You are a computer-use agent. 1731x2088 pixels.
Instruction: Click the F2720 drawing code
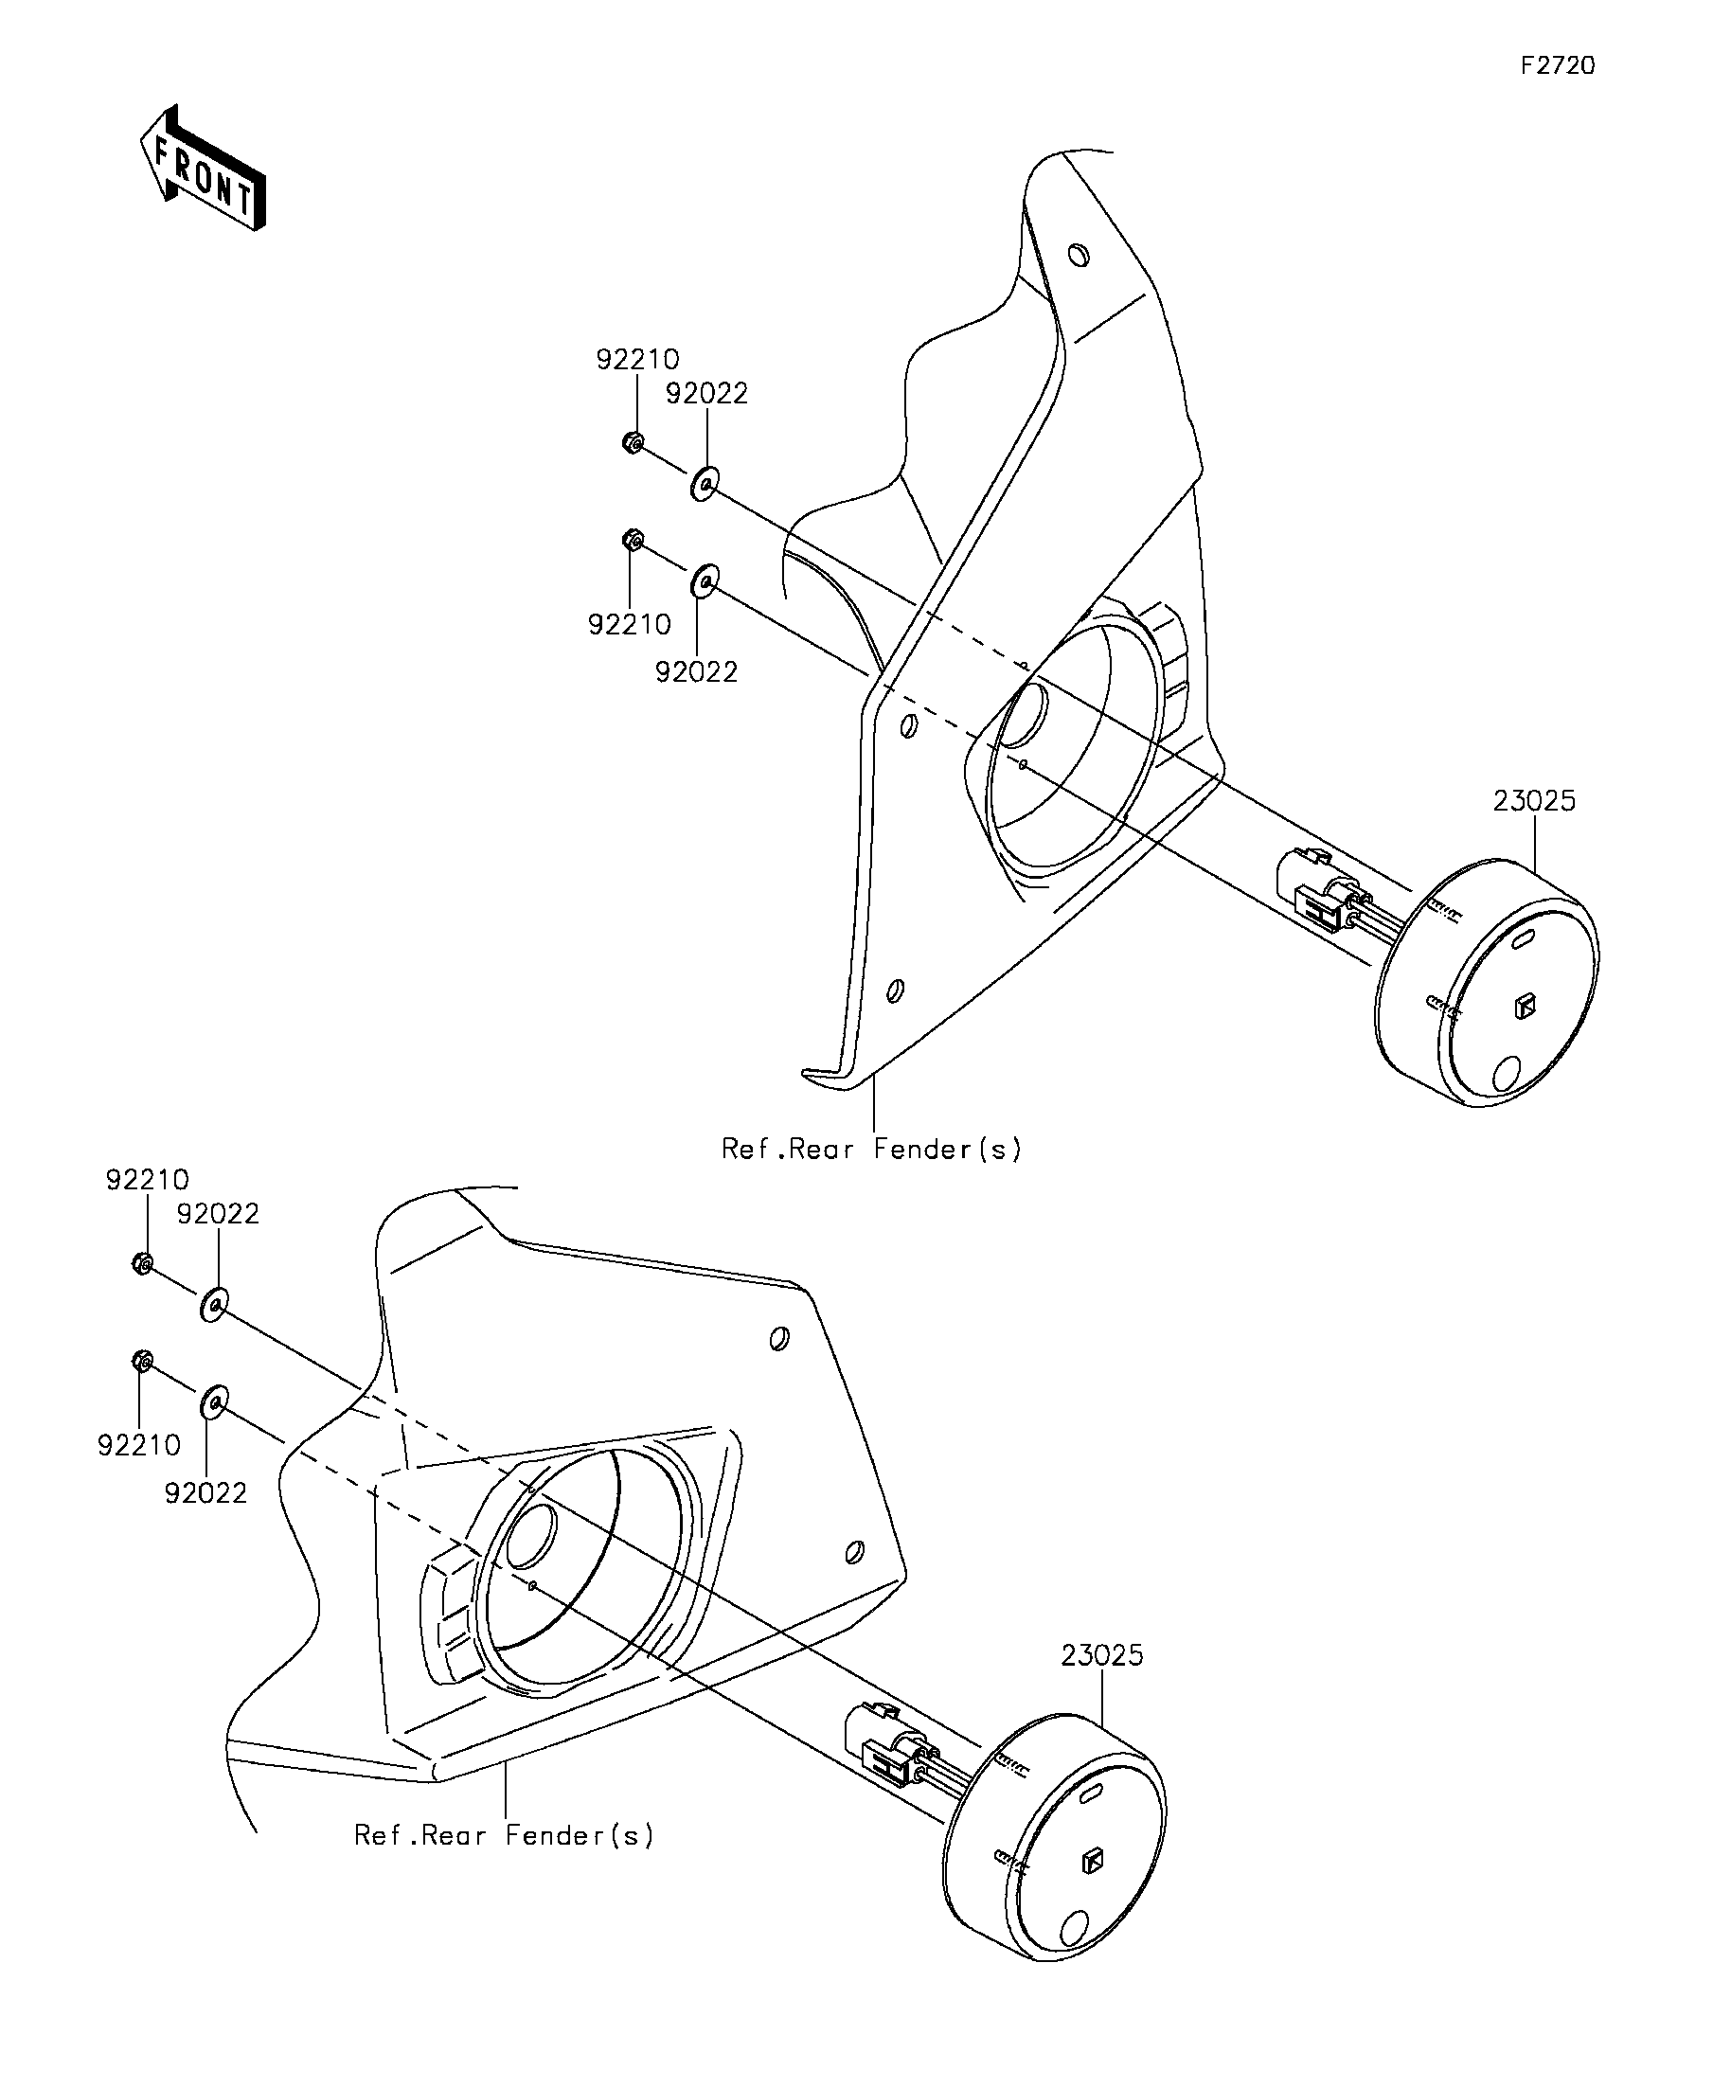1558,65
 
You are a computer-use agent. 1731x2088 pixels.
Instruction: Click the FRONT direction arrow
203,168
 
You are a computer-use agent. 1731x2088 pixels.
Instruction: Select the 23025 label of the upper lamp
1534,801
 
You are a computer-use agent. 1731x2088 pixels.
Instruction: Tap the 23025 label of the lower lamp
1101,1656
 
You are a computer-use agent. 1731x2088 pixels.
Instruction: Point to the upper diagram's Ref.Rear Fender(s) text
871,1151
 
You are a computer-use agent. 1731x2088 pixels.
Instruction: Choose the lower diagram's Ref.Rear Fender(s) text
504,1835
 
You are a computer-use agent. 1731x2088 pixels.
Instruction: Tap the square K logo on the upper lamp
1525,1008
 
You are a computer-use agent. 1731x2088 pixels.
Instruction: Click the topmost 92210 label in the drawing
637,360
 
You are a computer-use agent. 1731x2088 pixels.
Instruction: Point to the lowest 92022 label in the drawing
205,1493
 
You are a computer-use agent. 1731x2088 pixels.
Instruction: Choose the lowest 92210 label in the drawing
139,1446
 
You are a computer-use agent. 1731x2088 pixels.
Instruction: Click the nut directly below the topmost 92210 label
633,442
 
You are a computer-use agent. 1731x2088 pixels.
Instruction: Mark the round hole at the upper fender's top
1078,256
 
